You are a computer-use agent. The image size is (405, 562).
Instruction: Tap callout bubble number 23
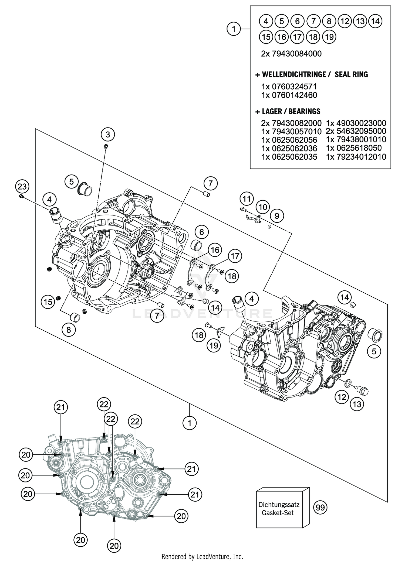click(22, 187)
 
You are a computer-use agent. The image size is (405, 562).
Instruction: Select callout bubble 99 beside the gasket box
click(320, 508)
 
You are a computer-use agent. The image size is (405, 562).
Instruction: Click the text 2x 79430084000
click(291, 54)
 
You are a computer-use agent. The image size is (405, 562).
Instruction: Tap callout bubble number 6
click(202, 231)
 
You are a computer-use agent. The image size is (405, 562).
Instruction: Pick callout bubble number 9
click(277, 216)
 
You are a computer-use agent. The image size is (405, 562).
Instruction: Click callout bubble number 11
click(246, 199)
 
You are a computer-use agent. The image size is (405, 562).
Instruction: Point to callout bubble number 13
click(357, 404)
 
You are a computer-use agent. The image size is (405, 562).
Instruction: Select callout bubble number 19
click(214, 345)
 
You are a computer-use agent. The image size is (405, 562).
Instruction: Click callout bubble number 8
click(69, 330)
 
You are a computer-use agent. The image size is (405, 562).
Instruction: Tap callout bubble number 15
click(48, 302)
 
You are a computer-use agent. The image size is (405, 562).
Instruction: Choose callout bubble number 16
click(215, 250)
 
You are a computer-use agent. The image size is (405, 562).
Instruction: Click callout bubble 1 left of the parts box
click(234, 29)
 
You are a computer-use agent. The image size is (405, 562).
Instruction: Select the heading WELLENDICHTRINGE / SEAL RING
click(312, 74)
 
